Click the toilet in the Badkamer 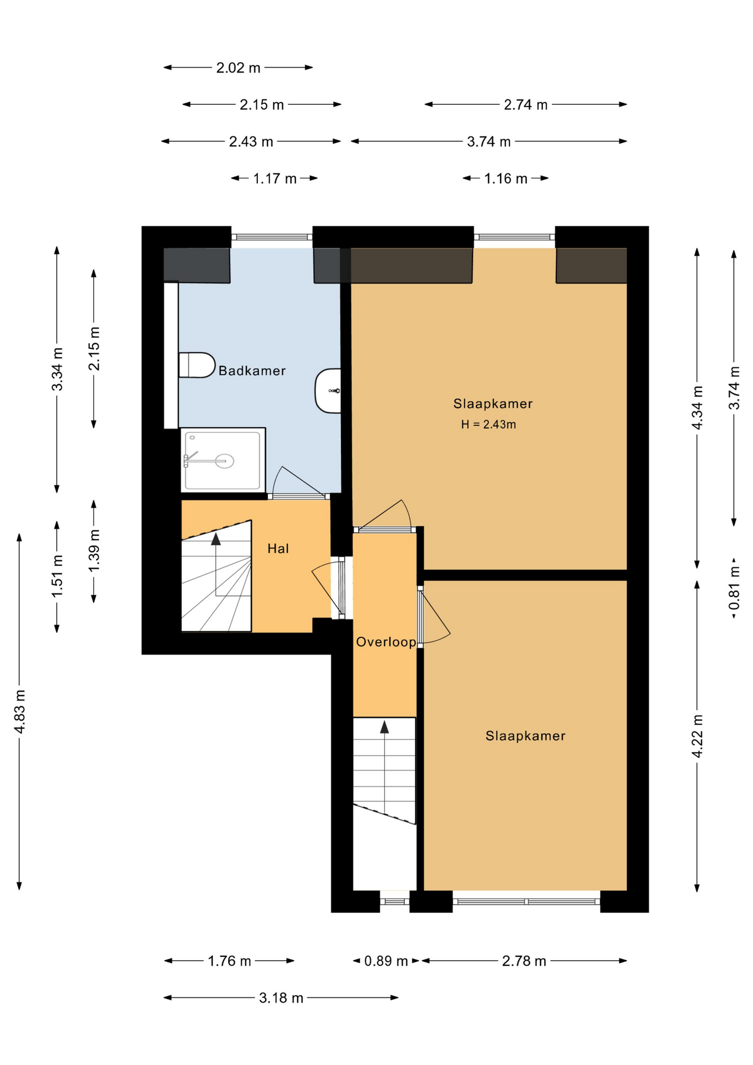pyautogui.click(x=197, y=365)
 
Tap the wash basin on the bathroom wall pyautogui.click(x=328, y=391)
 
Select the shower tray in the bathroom pyautogui.click(x=223, y=460)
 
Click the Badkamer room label pyautogui.click(x=252, y=371)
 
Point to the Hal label pyautogui.click(x=278, y=549)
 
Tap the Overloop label pyautogui.click(x=386, y=642)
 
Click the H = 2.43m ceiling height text pyautogui.click(x=489, y=424)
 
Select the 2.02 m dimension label pyautogui.click(x=238, y=68)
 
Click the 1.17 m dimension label pyautogui.click(x=274, y=179)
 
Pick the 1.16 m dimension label pyautogui.click(x=506, y=179)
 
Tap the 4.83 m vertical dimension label pyautogui.click(x=20, y=712)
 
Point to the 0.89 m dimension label pyautogui.click(x=386, y=961)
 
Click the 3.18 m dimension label pyautogui.click(x=281, y=998)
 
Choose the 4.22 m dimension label pyautogui.click(x=697, y=736)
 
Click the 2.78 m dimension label pyautogui.click(x=524, y=961)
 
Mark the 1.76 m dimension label pyautogui.click(x=230, y=961)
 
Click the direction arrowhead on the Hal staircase pyautogui.click(x=216, y=539)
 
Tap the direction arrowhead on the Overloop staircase pyautogui.click(x=384, y=727)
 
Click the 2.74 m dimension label pyautogui.click(x=526, y=105)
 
